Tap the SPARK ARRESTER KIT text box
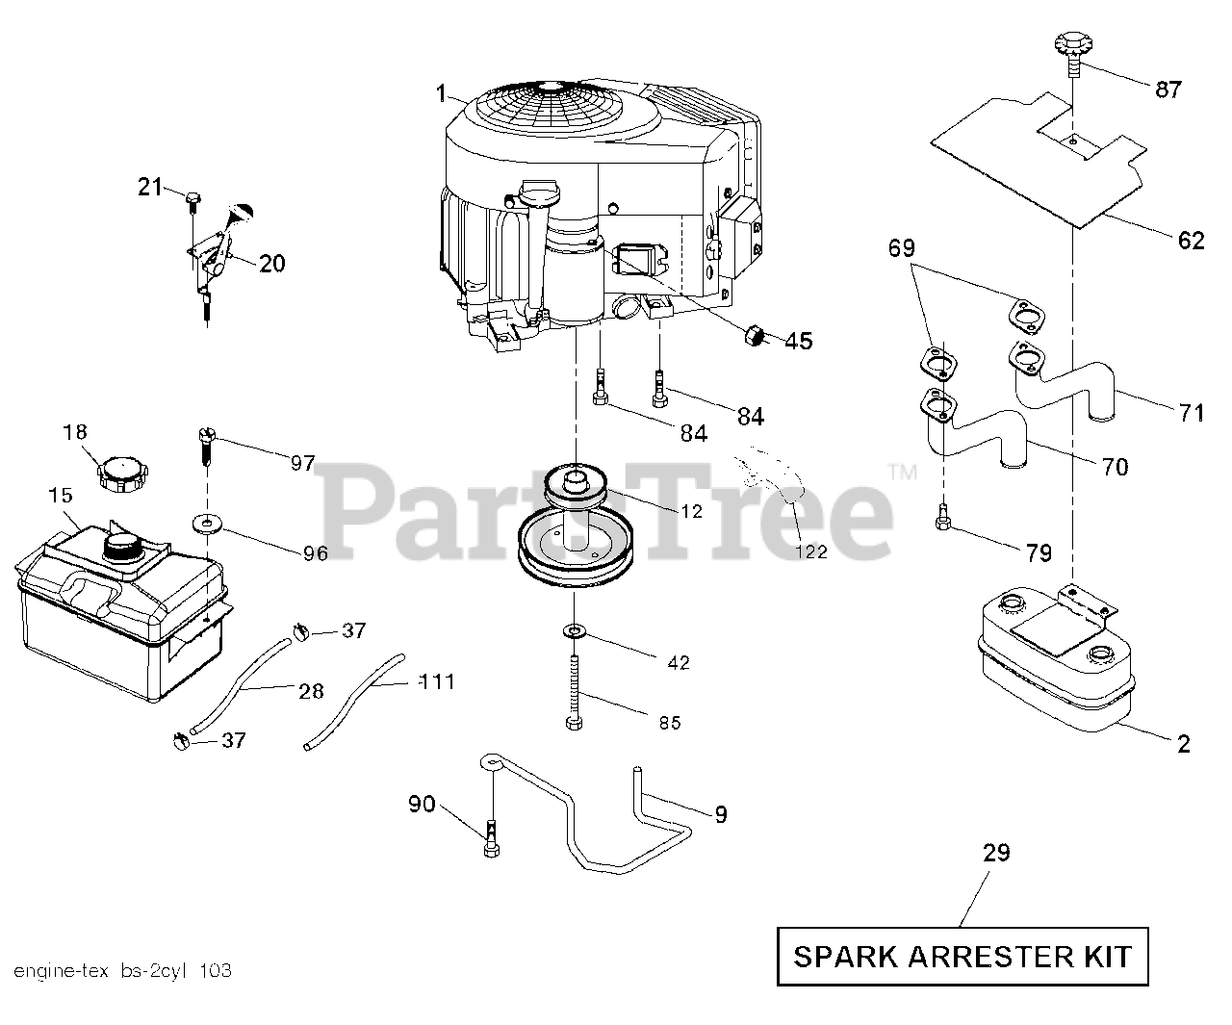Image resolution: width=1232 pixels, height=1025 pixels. pos(962,957)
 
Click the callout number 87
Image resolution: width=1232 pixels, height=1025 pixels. pos(1168,90)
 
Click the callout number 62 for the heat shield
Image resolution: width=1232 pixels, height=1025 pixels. pos(1191,241)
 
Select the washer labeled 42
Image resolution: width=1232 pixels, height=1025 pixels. pos(576,631)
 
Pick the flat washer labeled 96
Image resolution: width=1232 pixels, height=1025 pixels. pos(208,524)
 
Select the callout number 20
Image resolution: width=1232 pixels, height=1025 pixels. pos(272,263)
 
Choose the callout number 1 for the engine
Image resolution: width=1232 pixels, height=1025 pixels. pos(441,93)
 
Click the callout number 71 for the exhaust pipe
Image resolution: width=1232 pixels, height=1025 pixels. pos(1192,413)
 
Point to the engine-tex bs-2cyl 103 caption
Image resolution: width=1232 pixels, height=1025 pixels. pos(122,970)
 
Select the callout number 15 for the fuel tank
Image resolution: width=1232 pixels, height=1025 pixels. pos(60,496)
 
